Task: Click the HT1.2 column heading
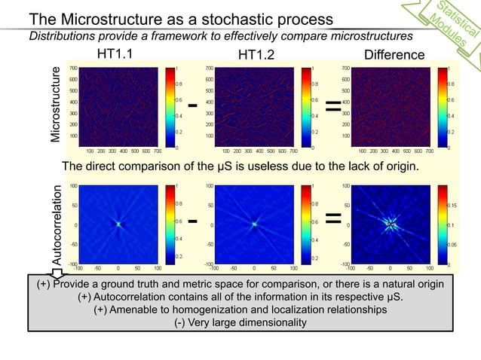click(x=256, y=54)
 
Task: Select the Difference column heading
click(x=394, y=54)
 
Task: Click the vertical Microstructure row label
click(x=55, y=105)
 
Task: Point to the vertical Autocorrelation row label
click(x=55, y=224)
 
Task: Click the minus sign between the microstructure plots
click(x=193, y=105)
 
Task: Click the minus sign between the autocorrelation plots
click(x=193, y=221)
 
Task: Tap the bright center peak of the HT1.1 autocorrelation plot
click(x=118, y=224)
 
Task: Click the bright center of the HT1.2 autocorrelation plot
click(x=255, y=224)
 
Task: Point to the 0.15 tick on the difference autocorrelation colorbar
click(x=455, y=204)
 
